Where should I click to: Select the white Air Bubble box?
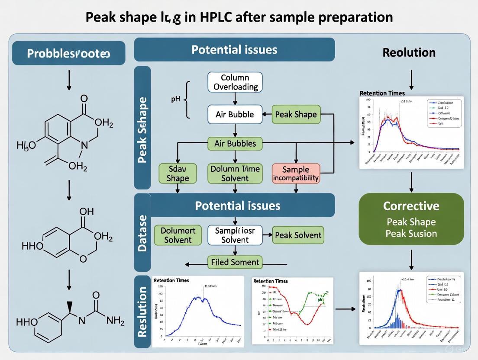(x=234, y=115)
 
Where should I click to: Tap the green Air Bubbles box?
(x=235, y=143)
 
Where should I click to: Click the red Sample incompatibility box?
(x=296, y=173)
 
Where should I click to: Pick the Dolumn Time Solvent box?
(x=234, y=173)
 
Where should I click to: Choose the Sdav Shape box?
(x=178, y=173)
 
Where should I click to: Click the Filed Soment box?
(x=235, y=262)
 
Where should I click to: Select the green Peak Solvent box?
(x=298, y=235)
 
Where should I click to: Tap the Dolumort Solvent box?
(x=178, y=235)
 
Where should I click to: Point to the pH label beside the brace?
(x=175, y=99)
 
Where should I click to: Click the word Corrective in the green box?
(x=411, y=206)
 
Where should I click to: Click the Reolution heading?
(x=409, y=53)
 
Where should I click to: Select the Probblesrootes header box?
(x=69, y=53)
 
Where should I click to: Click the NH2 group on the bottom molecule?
(x=115, y=321)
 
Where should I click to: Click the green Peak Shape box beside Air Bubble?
(x=296, y=115)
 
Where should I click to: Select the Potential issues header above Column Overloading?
(x=234, y=49)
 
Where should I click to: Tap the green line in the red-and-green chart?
(x=307, y=303)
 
